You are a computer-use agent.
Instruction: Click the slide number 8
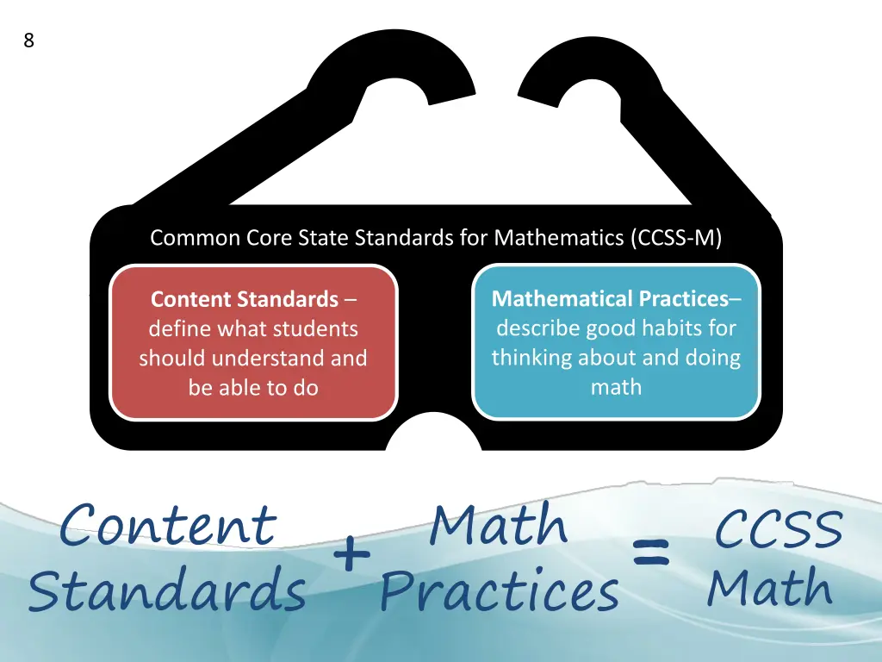[29, 41]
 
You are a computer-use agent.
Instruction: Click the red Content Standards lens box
[253, 343]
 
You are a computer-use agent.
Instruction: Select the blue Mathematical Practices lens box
[616, 342]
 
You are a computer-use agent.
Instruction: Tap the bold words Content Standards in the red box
[245, 300]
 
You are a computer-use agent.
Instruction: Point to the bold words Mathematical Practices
[610, 299]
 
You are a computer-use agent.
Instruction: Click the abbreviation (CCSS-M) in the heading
[676, 238]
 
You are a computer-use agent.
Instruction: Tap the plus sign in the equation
[351, 554]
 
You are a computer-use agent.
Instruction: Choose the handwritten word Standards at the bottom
[167, 591]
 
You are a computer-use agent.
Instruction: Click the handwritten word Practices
[500, 591]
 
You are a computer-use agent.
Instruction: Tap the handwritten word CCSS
[778, 528]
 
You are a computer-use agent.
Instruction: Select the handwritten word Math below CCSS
[770, 589]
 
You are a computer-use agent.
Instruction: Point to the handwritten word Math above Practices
[499, 525]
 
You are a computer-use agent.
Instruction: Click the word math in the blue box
[616, 388]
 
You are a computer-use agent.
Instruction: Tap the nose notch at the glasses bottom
[432, 435]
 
